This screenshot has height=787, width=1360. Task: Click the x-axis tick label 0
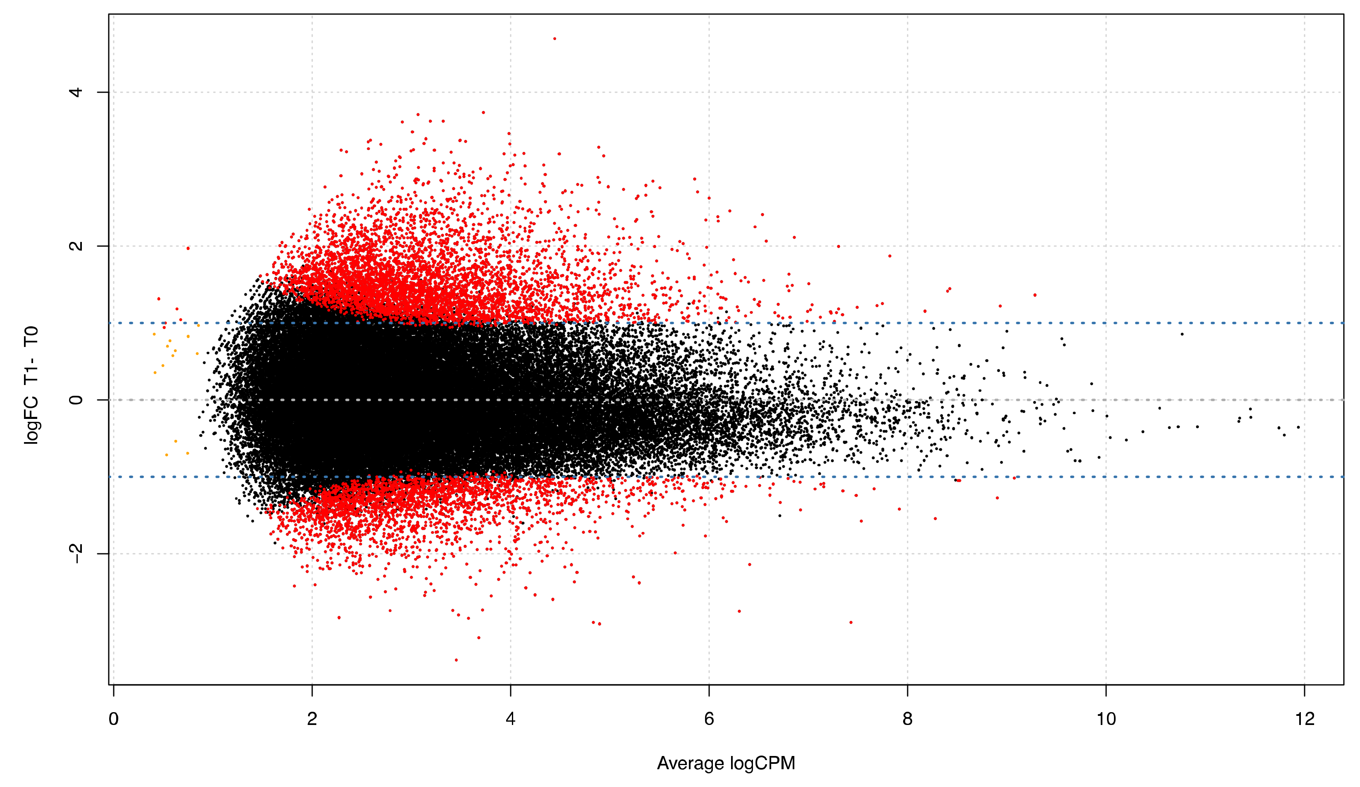[x=113, y=720]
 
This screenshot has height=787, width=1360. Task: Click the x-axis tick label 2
[x=312, y=720]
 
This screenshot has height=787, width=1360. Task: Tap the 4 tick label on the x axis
[x=511, y=720]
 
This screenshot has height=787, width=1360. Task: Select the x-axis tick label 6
[x=709, y=720]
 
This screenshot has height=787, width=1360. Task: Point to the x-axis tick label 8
[x=908, y=720]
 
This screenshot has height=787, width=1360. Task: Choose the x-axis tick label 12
[x=1305, y=720]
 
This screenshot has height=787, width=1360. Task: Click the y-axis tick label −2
[x=76, y=553]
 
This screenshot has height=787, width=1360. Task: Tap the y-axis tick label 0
[x=76, y=400]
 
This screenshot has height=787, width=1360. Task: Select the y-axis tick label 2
[x=76, y=246]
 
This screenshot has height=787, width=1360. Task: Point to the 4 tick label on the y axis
[x=76, y=92]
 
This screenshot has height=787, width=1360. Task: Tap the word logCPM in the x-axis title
[x=762, y=764]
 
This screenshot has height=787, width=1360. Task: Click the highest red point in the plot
[x=555, y=39]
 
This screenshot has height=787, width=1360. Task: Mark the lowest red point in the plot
[x=456, y=660]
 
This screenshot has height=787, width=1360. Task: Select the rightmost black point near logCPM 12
[x=1298, y=428]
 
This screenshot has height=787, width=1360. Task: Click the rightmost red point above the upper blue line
[x=1035, y=295]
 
